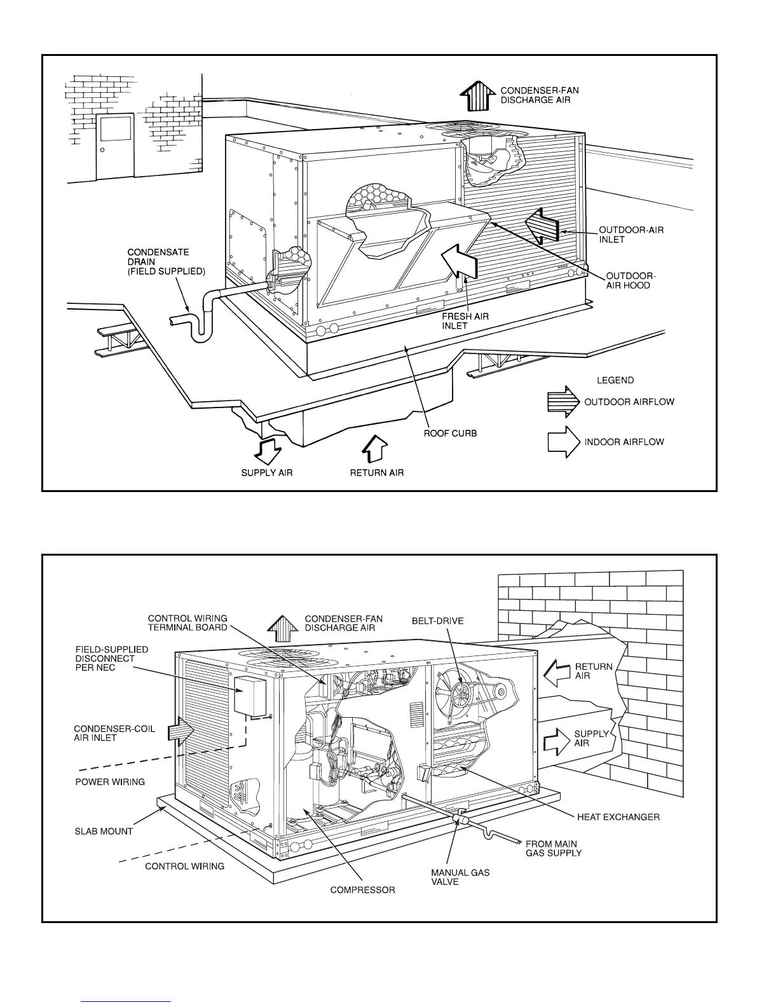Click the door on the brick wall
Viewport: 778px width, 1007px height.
(115, 146)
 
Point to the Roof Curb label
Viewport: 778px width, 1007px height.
(450, 434)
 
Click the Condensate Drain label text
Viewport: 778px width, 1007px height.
(167, 262)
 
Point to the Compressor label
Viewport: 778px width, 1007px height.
(362, 890)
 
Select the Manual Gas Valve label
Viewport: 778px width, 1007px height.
(460, 877)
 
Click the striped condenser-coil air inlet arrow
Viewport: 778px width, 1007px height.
(180, 732)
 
